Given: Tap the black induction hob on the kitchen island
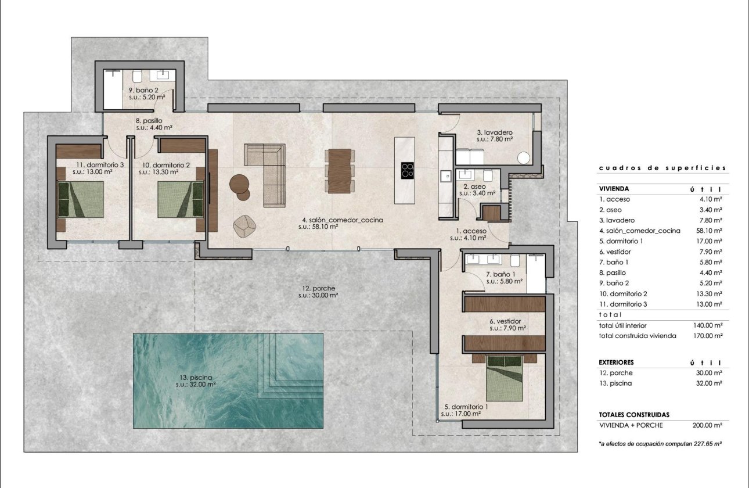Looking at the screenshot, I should tap(408, 170).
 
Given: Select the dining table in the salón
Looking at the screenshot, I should tap(340, 170).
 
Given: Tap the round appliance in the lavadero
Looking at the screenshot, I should tap(525, 157).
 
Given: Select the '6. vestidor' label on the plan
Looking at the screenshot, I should tap(505, 321).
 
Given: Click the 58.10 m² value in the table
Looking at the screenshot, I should tap(710, 231).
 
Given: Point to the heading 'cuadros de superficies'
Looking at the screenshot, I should tap(662, 168).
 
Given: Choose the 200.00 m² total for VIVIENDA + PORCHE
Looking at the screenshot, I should tap(707, 425).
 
